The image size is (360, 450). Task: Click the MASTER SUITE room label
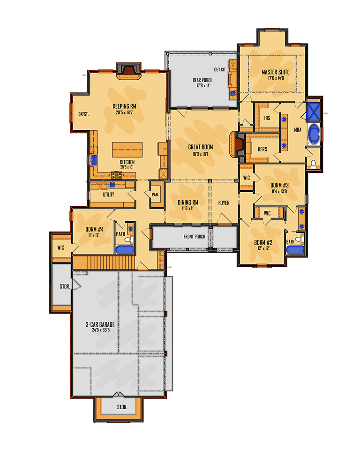pyautogui.click(x=275, y=72)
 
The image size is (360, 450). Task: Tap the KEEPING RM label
pyautogui.click(x=124, y=106)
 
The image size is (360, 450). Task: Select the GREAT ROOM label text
pyautogui.click(x=200, y=147)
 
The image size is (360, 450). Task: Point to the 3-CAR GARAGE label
pyautogui.click(x=100, y=324)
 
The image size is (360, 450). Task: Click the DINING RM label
pyautogui.click(x=188, y=202)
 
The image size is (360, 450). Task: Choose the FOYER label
pyautogui.click(x=224, y=203)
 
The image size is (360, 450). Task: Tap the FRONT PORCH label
pyautogui.click(x=195, y=237)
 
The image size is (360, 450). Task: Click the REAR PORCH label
pyautogui.click(x=202, y=80)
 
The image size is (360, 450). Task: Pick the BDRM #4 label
pyautogui.click(x=94, y=229)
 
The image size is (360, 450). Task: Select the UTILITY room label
pyautogui.click(x=109, y=195)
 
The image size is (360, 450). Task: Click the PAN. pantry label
pyautogui.click(x=155, y=195)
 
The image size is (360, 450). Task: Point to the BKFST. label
pyautogui.click(x=83, y=114)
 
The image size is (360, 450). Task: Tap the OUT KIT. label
pyautogui.click(x=220, y=69)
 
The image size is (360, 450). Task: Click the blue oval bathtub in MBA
pyautogui.click(x=314, y=134)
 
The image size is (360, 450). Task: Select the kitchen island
pyautogui.click(x=127, y=150)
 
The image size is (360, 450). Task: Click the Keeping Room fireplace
pyautogui.click(x=129, y=71)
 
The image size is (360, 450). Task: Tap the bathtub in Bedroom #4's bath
pyautogui.click(x=125, y=250)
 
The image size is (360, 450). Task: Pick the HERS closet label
pyautogui.click(x=262, y=149)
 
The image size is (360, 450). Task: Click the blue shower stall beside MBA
pyautogui.click(x=314, y=112)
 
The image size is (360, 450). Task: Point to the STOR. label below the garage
pyautogui.click(x=122, y=407)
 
